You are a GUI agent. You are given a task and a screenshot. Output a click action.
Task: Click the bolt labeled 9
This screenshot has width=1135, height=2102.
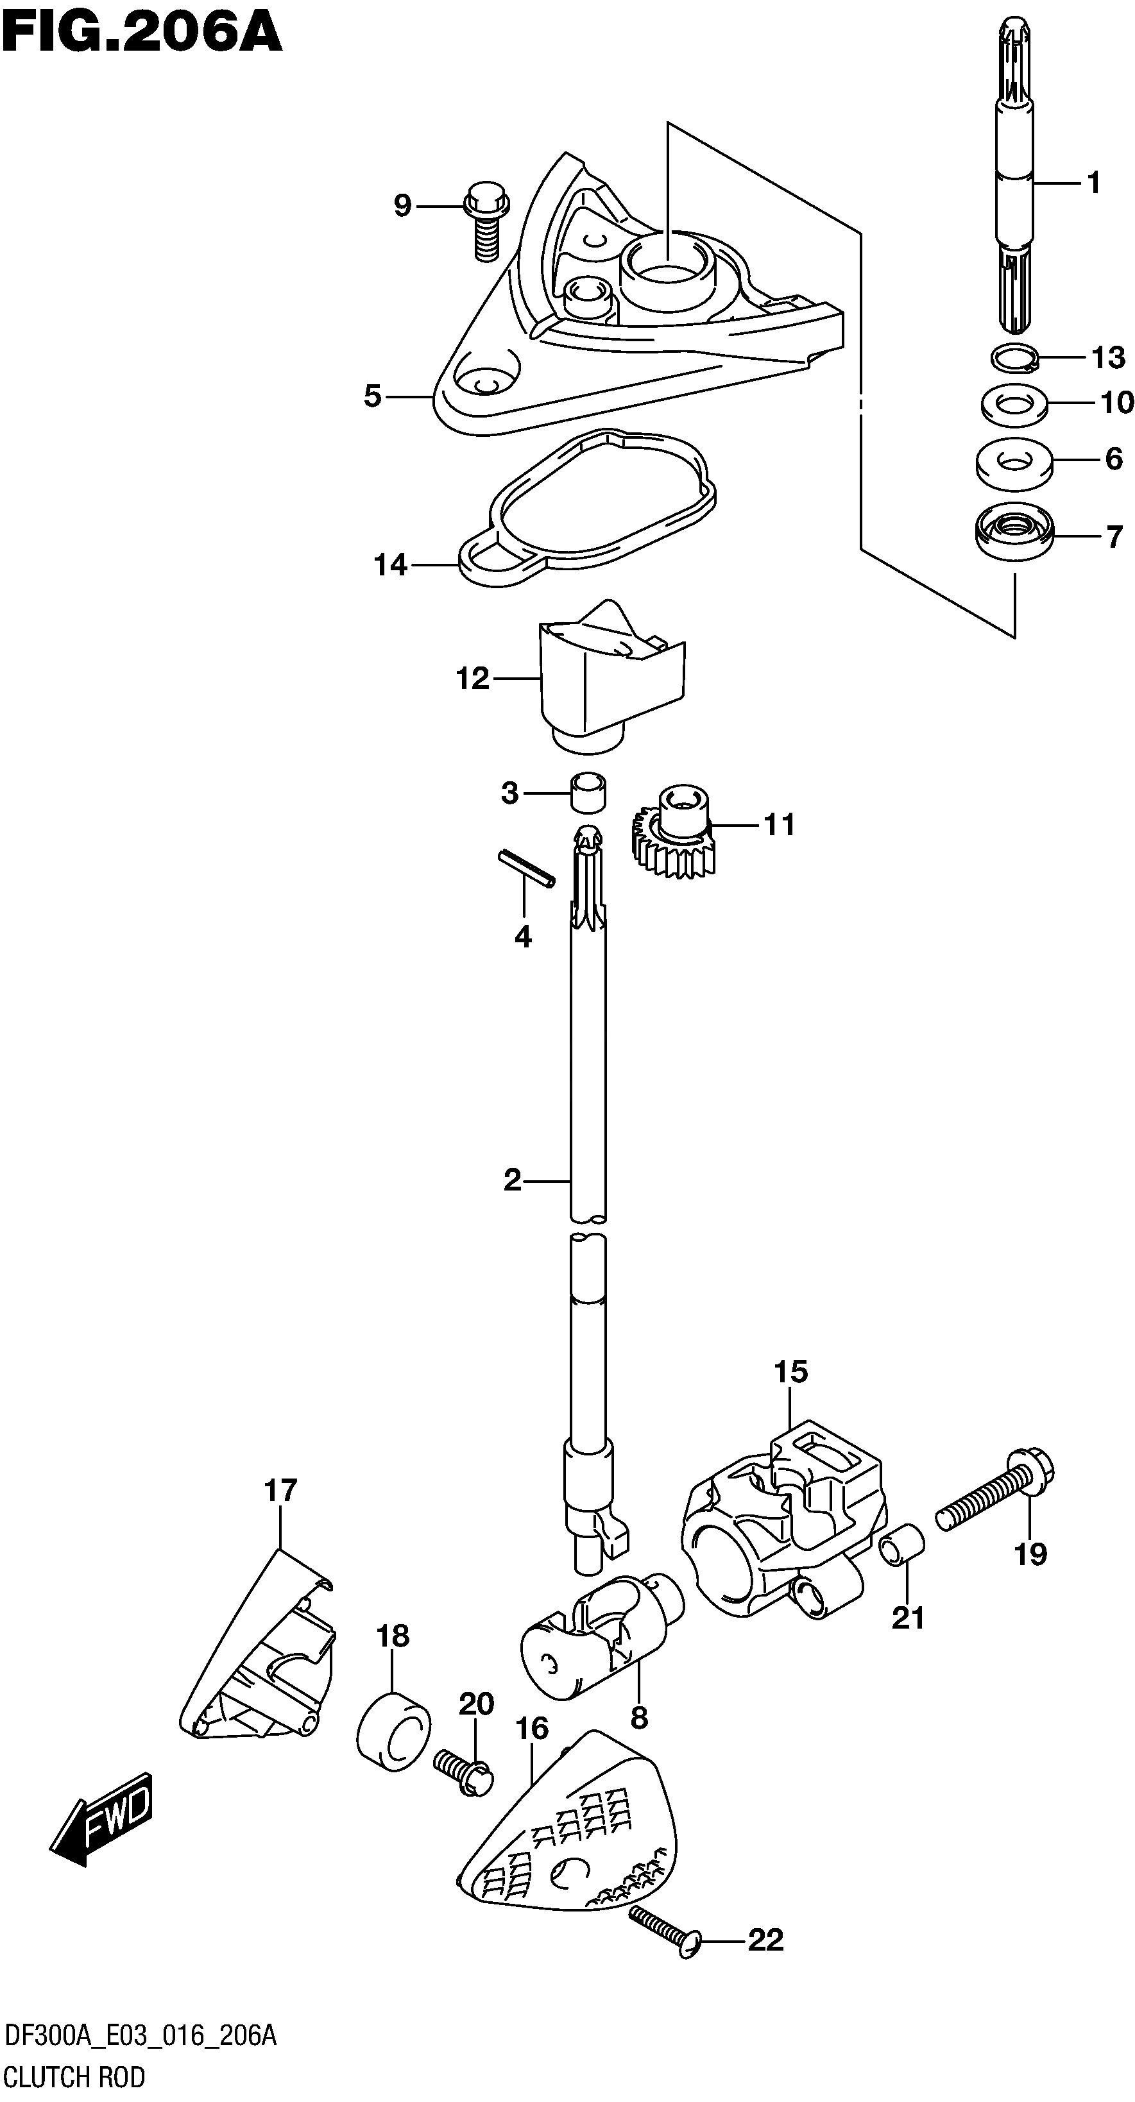click(x=486, y=220)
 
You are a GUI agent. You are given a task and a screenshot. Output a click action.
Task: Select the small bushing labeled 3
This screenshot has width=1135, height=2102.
click(x=588, y=791)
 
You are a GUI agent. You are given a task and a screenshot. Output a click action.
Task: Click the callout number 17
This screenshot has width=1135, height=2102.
click(x=280, y=1490)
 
